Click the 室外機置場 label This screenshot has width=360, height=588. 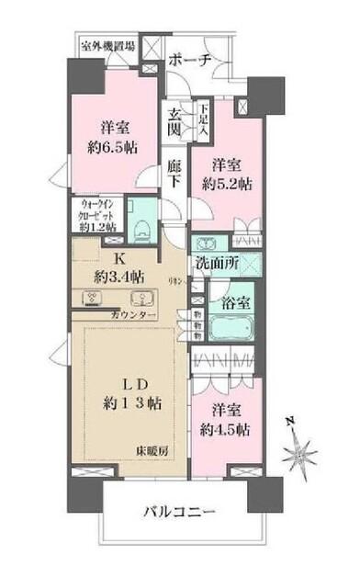point(108,45)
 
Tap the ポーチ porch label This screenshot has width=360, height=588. point(192,60)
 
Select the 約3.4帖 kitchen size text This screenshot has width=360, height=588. point(119,275)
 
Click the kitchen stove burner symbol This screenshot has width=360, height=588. point(95,298)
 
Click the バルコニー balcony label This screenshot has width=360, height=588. point(180,511)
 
